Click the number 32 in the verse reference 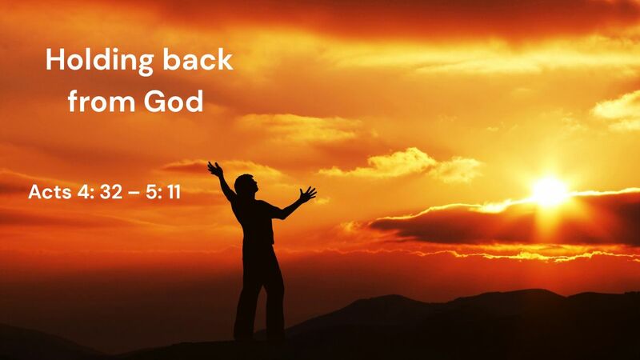coord(107,194)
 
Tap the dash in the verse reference coord(130,194)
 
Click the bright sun coord(550,190)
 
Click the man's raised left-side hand coord(214,168)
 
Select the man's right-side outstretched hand coord(307,194)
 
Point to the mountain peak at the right coord(544,294)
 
